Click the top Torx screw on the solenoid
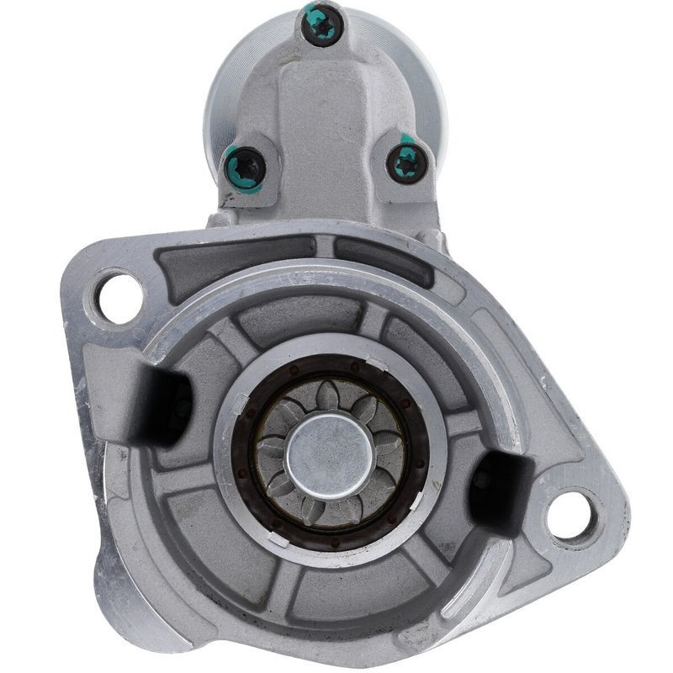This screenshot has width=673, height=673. click(322, 26)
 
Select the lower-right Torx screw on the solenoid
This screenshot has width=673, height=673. click(406, 161)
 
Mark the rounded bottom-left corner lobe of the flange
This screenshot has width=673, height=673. click(126, 589)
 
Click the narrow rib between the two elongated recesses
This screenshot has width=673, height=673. click(325, 247)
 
